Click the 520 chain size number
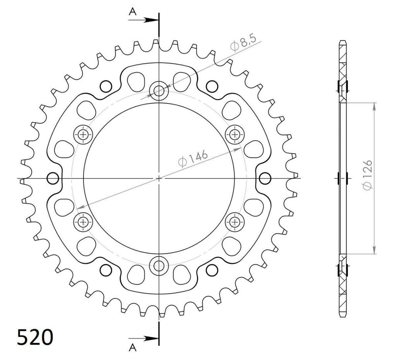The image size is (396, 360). (35, 337)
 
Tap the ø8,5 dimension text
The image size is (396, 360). (243, 43)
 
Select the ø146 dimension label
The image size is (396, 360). (193, 158)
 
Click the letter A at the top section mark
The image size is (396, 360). (133, 11)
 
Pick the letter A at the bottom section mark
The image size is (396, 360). (133, 348)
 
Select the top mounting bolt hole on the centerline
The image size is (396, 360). (159, 90)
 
